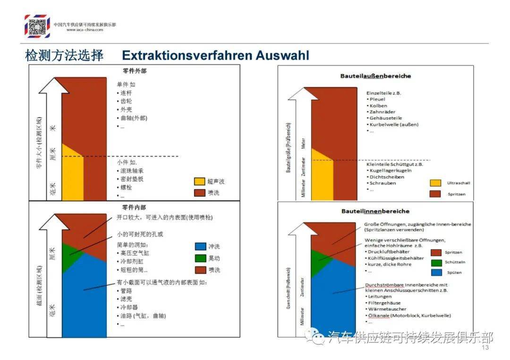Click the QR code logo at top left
point(37,25)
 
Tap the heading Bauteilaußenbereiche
point(375,76)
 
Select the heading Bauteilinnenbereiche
point(375,211)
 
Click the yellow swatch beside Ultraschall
point(435,183)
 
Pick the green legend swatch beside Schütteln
point(436,262)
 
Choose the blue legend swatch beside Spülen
point(436,272)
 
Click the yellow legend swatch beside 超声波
point(200,182)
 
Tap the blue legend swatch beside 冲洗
point(200,246)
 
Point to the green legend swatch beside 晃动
point(200,258)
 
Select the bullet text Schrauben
point(383,183)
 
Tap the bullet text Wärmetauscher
point(386,309)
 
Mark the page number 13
point(484,348)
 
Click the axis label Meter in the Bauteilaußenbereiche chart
point(304,143)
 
